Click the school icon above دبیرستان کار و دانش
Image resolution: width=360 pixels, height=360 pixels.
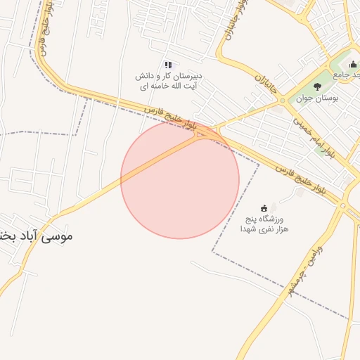click(168, 65)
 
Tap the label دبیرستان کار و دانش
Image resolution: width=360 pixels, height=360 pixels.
click(169, 75)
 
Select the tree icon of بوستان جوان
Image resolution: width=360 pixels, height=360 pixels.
click(318, 86)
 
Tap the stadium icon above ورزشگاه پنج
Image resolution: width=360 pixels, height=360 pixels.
click(264, 207)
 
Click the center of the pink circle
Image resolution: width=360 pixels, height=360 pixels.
click(180, 179)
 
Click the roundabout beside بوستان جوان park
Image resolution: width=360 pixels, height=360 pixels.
click(281, 102)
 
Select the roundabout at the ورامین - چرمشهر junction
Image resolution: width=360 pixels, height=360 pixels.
click(342, 205)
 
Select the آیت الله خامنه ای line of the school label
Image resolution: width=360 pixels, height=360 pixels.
click(169, 86)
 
